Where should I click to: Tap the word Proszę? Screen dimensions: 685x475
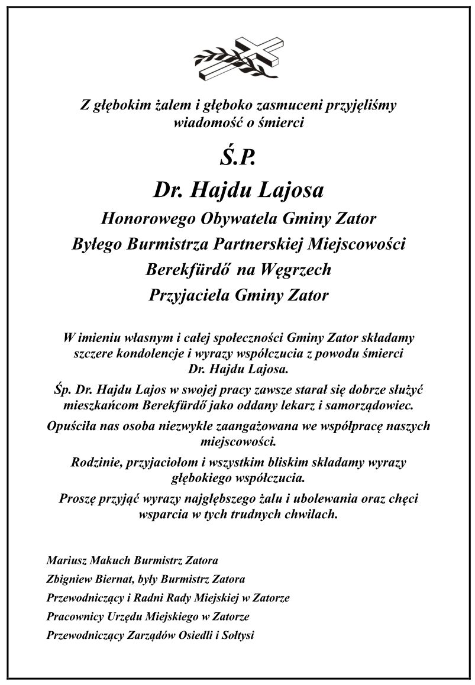(x=81, y=498)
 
